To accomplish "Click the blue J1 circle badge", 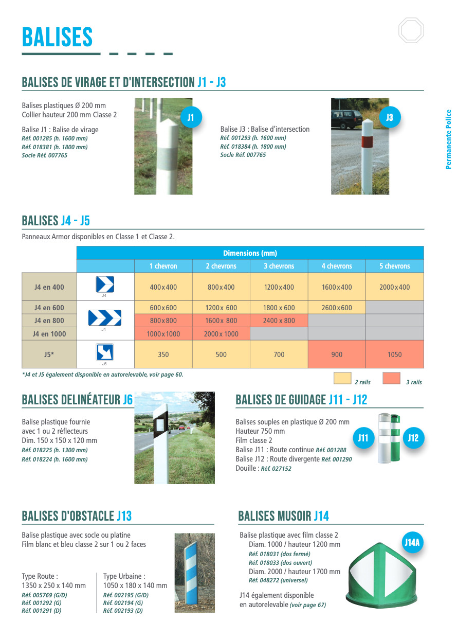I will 191,118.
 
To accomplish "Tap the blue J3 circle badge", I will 389,118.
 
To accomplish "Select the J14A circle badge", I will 412,542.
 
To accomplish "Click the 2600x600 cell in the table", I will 337,308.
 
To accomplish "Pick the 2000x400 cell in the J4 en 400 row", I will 394,287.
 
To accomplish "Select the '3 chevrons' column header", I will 279,266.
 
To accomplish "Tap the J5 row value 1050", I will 394,354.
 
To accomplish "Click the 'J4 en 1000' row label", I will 49,334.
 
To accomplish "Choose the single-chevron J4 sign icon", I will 105,285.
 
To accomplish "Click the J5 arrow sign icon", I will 105,352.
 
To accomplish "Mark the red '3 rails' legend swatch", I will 391,379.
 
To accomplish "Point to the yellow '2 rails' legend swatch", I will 342,379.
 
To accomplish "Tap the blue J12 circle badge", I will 413,438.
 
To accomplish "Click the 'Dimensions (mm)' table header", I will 250,253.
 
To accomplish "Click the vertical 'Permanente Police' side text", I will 448,139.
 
